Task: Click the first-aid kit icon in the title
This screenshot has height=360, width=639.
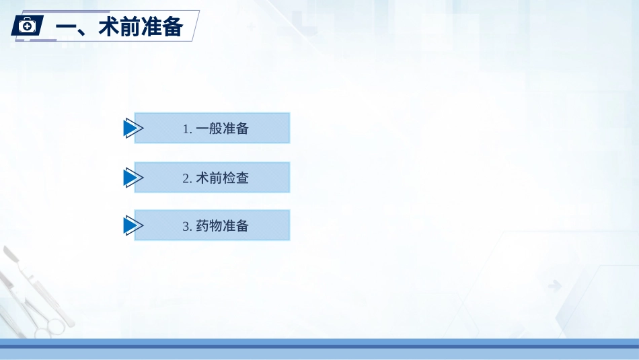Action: click(x=27, y=26)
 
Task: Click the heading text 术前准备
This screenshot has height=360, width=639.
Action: click(x=141, y=27)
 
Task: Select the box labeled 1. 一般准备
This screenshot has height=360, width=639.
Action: click(x=212, y=128)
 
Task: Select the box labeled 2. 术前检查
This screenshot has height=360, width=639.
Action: click(x=212, y=178)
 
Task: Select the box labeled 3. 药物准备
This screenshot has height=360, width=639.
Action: click(x=212, y=225)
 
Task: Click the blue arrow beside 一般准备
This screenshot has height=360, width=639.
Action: click(x=133, y=128)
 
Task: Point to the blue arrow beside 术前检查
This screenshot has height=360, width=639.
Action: click(x=133, y=178)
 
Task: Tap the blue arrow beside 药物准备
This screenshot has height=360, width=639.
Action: click(x=133, y=225)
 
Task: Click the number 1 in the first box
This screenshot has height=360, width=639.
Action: click(x=186, y=129)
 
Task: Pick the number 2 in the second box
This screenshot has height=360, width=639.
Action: click(x=186, y=178)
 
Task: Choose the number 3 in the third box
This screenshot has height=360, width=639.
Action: click(x=186, y=226)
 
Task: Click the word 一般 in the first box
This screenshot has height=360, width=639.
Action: click(x=209, y=129)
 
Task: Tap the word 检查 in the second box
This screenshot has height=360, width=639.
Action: click(x=235, y=178)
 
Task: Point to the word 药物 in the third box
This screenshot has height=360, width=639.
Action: click(x=209, y=225)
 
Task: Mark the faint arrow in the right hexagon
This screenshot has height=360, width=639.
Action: click(x=555, y=285)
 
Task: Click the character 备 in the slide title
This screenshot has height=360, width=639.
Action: click(x=172, y=27)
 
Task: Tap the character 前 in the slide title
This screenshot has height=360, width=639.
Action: click(x=130, y=27)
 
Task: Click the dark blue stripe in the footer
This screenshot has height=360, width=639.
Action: click(x=319, y=347)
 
